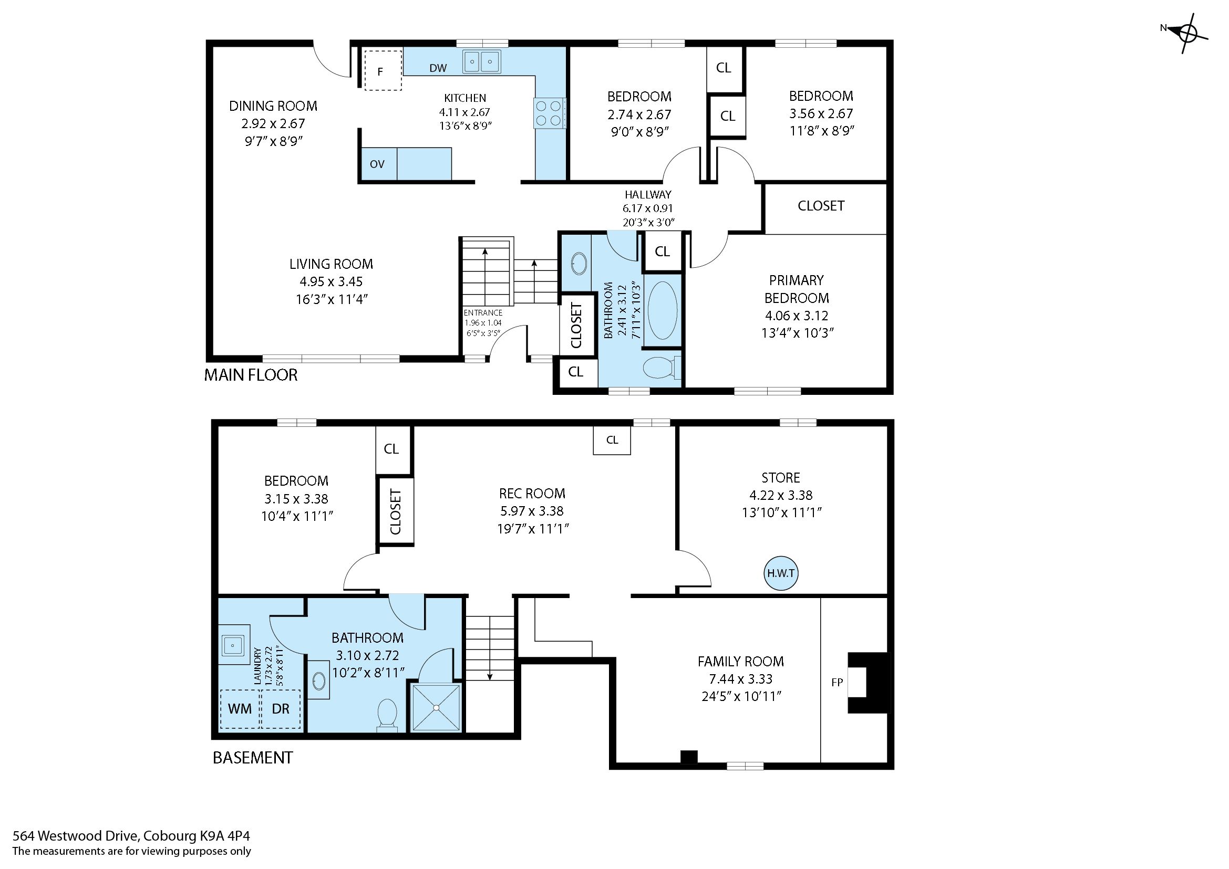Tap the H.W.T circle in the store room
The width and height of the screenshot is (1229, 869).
click(x=780, y=573)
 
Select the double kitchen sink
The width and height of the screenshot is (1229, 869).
click(x=481, y=61)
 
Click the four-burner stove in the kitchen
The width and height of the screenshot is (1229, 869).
click(x=549, y=113)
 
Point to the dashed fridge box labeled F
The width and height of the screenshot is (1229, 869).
click(x=383, y=70)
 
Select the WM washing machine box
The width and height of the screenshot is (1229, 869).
click(x=240, y=708)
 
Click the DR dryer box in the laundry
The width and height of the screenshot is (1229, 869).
click(x=281, y=708)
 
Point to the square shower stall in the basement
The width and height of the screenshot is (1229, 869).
click(x=436, y=707)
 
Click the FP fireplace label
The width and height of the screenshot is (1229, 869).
click(x=837, y=682)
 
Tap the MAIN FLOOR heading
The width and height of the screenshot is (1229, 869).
click(x=251, y=375)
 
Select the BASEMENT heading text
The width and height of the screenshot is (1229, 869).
click(x=253, y=758)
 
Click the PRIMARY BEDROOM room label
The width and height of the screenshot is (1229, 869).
click(x=797, y=289)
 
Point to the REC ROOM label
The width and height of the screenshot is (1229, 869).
click(x=532, y=494)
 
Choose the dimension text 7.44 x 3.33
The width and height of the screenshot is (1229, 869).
click(x=741, y=679)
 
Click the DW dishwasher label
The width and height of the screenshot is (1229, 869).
click(x=438, y=68)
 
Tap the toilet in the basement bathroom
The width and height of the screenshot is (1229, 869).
click(x=387, y=714)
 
